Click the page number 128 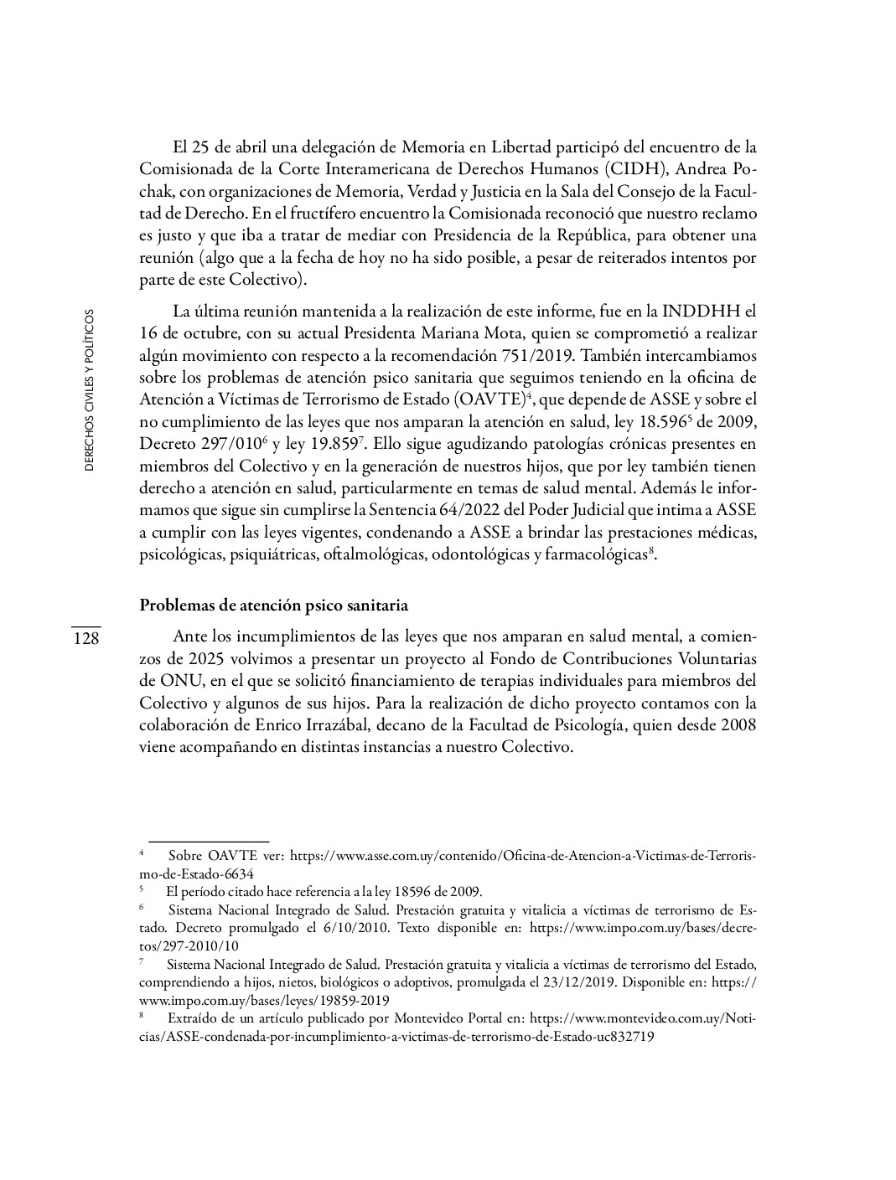85,638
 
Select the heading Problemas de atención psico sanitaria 273,605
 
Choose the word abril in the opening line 244,147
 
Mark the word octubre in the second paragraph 192,333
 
